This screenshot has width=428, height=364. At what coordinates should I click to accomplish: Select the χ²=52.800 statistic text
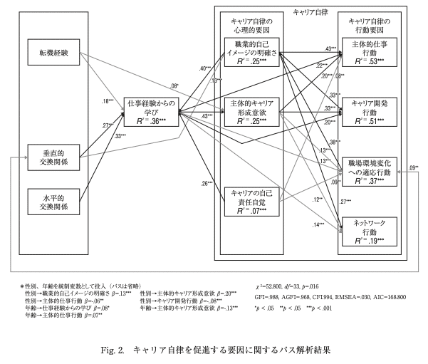(283, 285)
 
